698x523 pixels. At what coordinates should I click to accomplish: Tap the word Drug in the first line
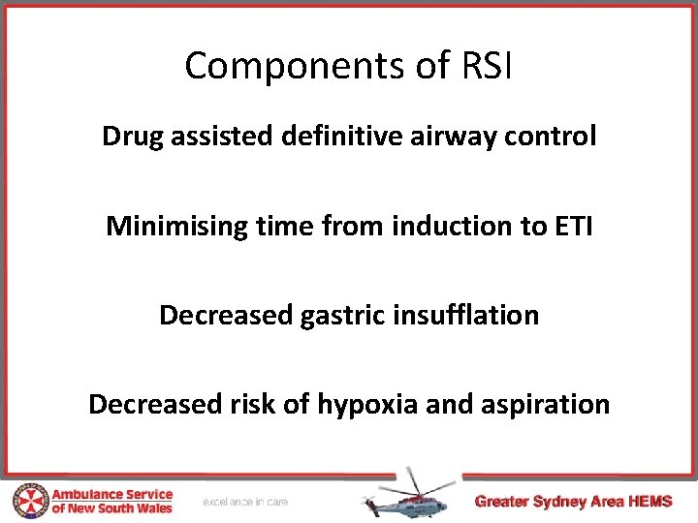[134, 137]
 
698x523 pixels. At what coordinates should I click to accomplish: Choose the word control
[557, 137]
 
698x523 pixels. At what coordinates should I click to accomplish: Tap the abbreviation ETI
[570, 226]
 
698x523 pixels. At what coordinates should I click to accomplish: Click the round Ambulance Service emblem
[29, 501]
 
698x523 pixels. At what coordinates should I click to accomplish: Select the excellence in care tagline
[245, 502]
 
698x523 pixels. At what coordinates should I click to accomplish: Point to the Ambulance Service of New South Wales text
[111, 501]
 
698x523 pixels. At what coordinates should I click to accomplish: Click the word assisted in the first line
[222, 137]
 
